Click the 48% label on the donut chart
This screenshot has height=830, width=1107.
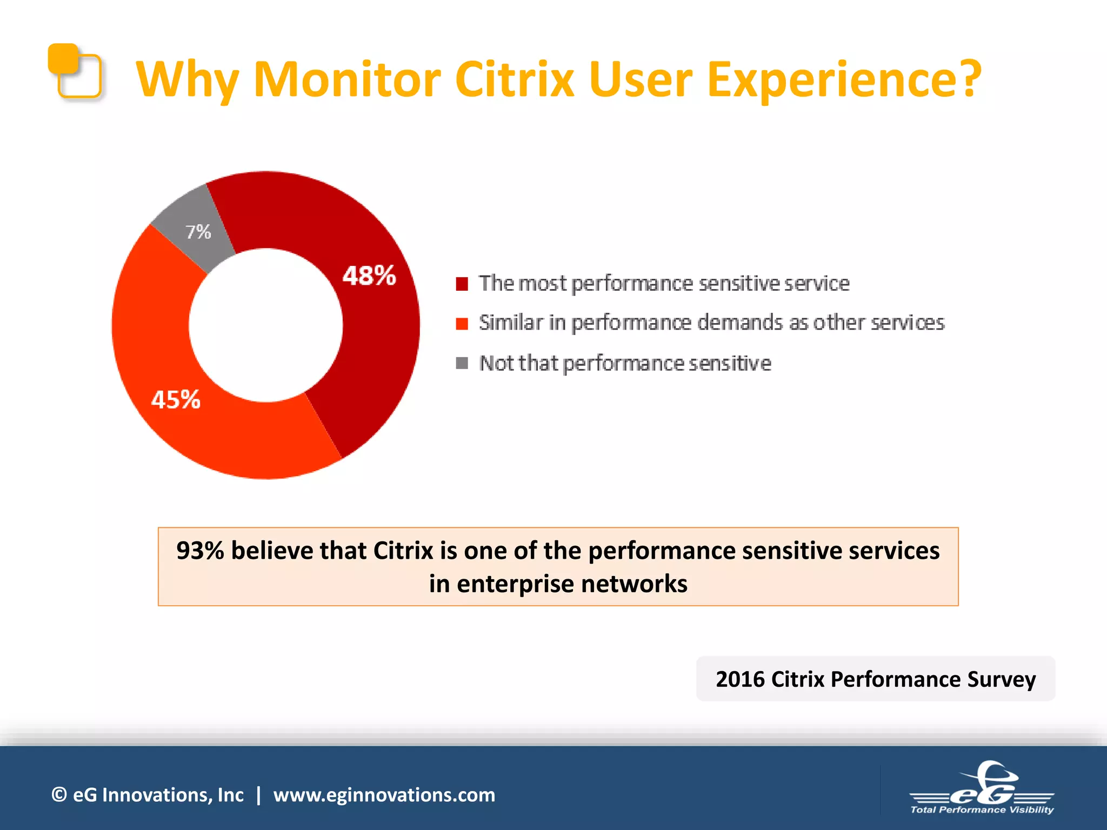click(x=369, y=276)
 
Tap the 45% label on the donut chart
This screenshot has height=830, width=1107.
click(x=176, y=400)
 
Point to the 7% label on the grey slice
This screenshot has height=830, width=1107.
click(x=198, y=232)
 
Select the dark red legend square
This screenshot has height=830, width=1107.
click(x=462, y=284)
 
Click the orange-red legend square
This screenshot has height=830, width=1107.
click(x=462, y=323)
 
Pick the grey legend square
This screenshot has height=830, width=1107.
click(x=462, y=363)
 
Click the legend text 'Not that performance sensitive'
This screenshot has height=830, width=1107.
click(x=625, y=363)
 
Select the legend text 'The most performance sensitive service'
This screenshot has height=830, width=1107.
click(x=664, y=284)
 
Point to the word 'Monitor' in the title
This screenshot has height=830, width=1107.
click(x=347, y=79)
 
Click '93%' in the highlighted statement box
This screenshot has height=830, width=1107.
click(x=200, y=551)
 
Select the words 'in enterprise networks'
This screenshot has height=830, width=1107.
click(x=558, y=584)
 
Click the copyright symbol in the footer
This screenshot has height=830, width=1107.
click(x=59, y=795)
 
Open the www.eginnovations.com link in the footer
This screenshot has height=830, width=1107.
click(x=384, y=795)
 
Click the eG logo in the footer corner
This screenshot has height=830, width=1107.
click(x=982, y=788)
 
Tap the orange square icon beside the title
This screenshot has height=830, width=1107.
click(x=75, y=71)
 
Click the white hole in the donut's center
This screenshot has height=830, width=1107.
click(x=265, y=325)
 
